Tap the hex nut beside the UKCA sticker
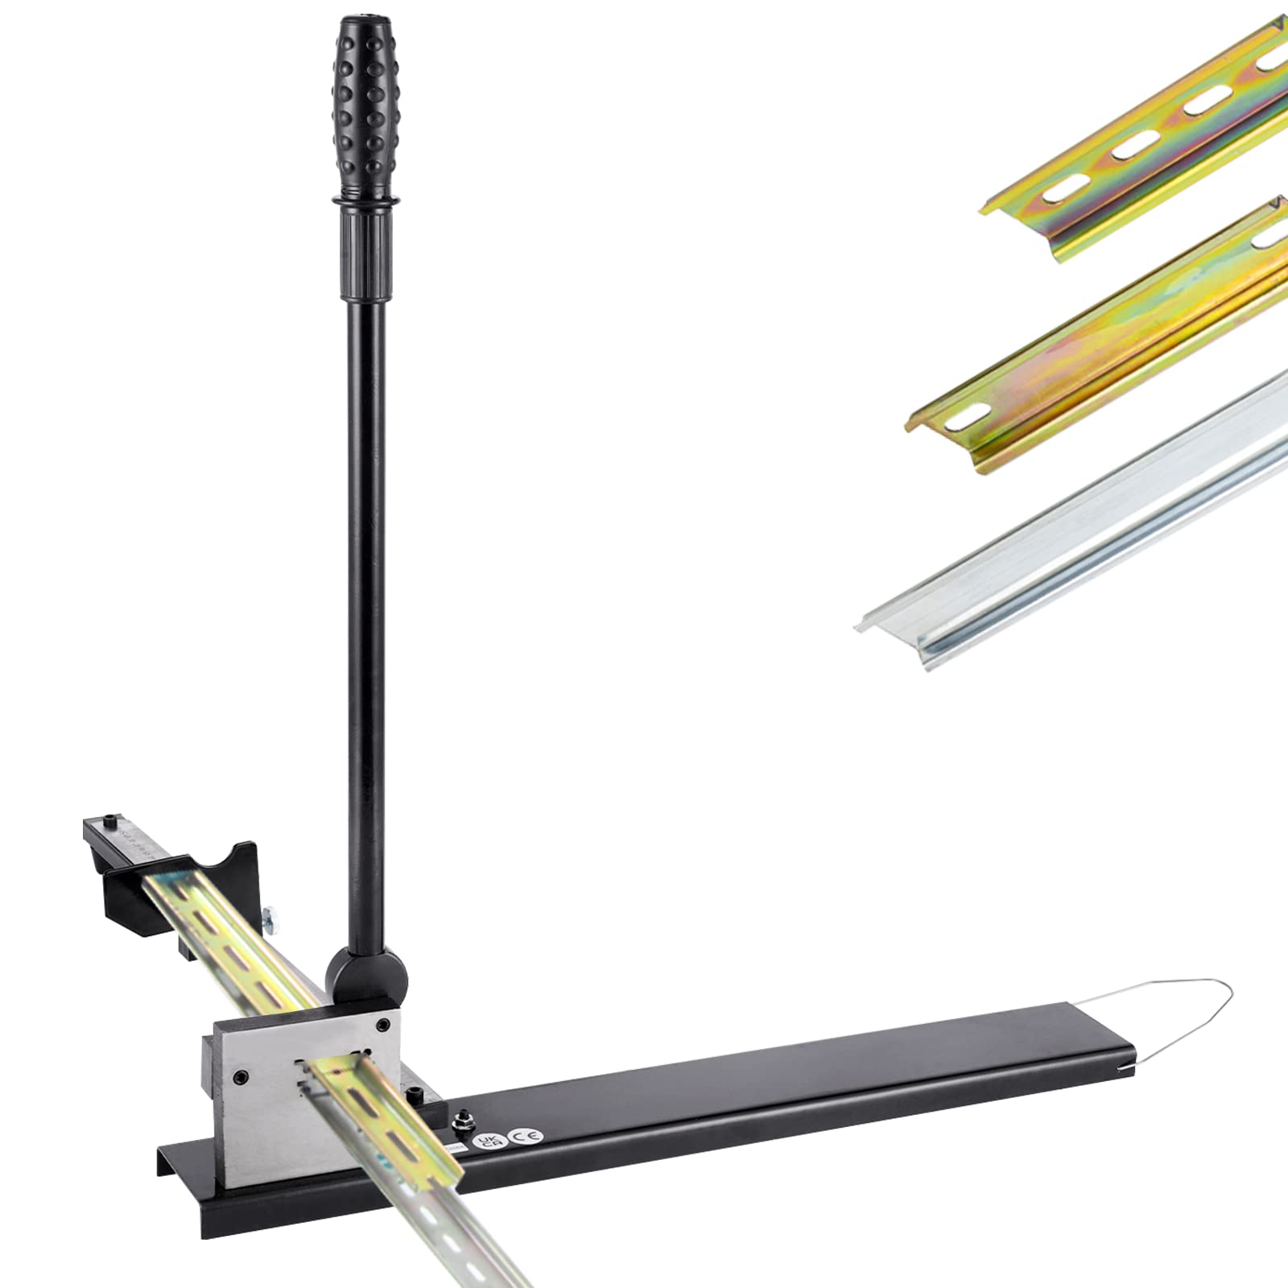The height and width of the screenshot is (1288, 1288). (464, 1120)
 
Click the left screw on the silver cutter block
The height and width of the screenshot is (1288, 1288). (240, 1075)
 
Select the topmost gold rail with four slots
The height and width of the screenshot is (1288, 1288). (1143, 129)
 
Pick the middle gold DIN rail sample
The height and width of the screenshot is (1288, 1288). (1111, 338)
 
